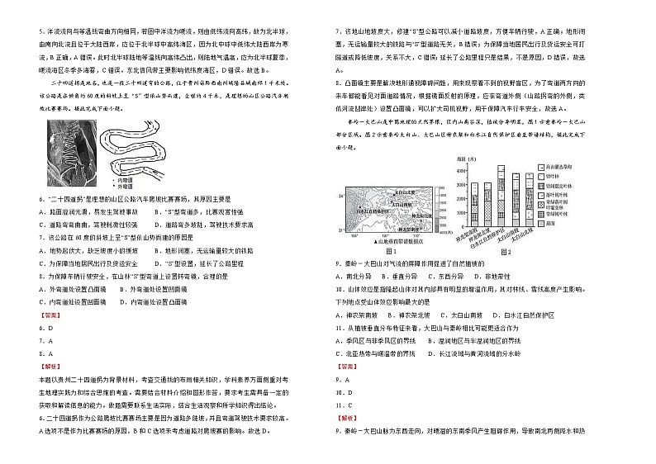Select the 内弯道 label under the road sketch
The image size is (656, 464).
126,178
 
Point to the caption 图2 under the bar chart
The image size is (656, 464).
504,250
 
